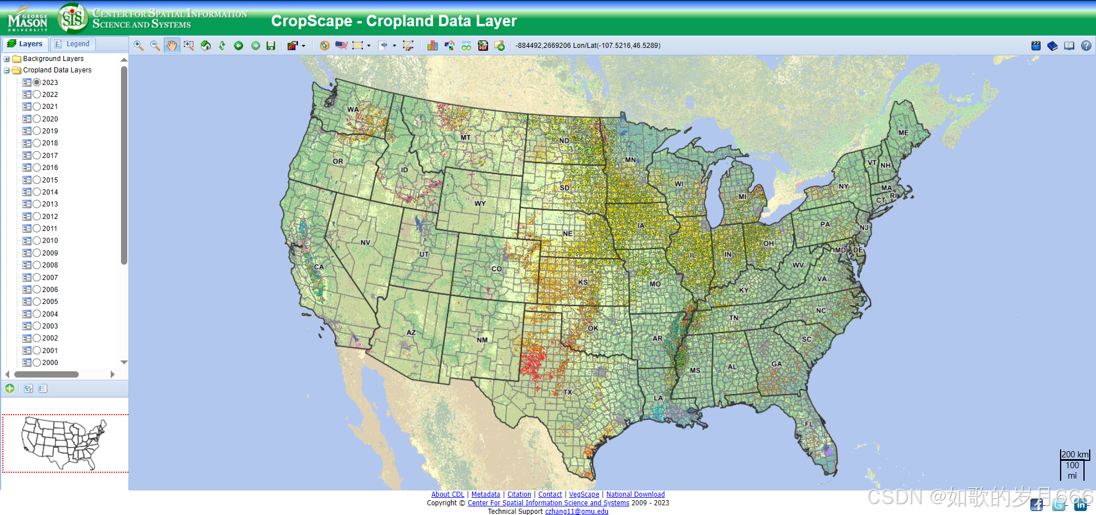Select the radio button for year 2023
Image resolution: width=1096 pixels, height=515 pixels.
[x=37, y=82]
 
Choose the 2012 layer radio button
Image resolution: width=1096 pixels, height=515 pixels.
[x=37, y=216]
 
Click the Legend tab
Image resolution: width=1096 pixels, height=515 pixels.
[x=72, y=44]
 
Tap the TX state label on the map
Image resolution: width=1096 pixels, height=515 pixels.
[x=567, y=392]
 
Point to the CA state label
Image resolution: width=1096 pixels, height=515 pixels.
[x=319, y=267]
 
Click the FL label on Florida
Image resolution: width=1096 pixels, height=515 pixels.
[x=809, y=424]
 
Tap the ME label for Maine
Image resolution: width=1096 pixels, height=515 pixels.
[x=903, y=133]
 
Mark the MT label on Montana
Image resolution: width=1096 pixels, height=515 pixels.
[x=465, y=137]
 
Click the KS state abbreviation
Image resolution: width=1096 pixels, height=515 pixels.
[x=582, y=282]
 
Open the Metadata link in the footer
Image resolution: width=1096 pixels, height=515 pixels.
[x=485, y=494]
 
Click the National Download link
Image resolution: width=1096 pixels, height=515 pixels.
[x=635, y=494]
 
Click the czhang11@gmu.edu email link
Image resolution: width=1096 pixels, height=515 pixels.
[x=576, y=512]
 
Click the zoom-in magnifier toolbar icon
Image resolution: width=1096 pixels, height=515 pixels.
[x=138, y=46]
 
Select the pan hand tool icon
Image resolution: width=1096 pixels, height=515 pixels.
[x=171, y=46]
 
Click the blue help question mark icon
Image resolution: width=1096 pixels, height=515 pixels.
[x=1086, y=46]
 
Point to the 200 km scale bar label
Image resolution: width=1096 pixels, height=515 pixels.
[x=1074, y=455]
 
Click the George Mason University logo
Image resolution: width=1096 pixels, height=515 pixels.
[x=27, y=19]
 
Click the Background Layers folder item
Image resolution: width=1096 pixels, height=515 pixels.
[x=53, y=59]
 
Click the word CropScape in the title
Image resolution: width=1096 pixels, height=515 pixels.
[x=311, y=21]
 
